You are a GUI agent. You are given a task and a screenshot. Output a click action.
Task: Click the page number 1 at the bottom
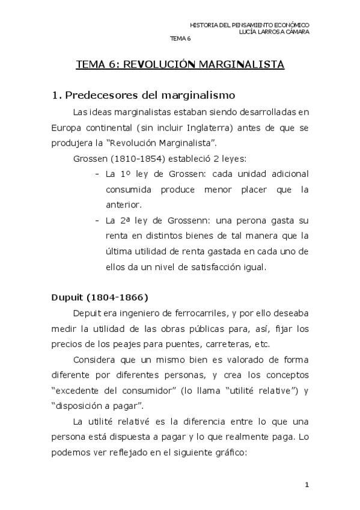click(x=307, y=485)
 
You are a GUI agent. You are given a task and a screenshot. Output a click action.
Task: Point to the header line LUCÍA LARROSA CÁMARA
click(x=274, y=32)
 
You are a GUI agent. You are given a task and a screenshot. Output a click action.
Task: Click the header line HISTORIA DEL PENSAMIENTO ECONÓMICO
click(x=249, y=25)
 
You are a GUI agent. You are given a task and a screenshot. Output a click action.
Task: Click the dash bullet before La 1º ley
click(x=97, y=174)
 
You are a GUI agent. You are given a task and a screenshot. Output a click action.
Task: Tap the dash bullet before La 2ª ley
click(x=97, y=221)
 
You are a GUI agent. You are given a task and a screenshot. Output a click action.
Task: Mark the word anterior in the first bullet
click(x=121, y=205)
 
